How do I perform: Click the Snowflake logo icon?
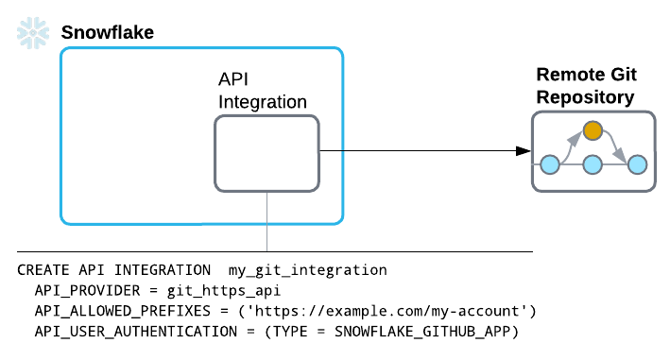tap(31, 33)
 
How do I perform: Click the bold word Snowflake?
tap(107, 33)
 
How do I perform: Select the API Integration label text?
tap(263, 91)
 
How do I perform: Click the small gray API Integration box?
tap(266, 151)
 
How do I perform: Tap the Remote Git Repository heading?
tap(585, 85)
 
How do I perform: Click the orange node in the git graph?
tap(593, 130)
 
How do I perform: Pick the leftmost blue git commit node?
tap(549, 164)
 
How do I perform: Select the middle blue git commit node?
tap(593, 164)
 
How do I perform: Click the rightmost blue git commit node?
tap(638, 164)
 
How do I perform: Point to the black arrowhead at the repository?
tap(521, 151)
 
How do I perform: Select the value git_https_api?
tap(219, 291)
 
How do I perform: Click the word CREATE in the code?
tap(43, 270)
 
